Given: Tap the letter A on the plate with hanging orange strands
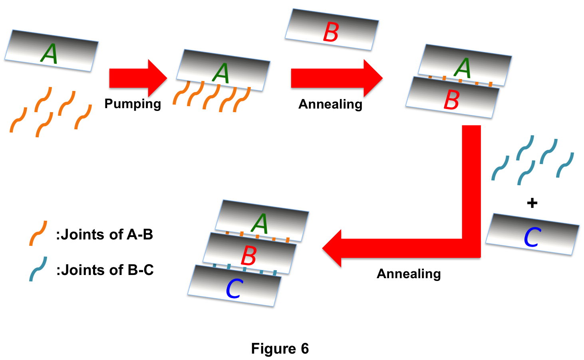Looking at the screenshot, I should (221, 73).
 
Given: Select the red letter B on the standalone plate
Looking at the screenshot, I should (331, 32).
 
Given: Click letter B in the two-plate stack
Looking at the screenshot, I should (451, 100).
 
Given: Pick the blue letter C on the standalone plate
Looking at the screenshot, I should (532, 237).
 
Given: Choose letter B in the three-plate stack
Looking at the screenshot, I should (248, 256).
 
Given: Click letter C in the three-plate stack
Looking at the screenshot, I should (234, 289).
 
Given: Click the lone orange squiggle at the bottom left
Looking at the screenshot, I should (38, 233).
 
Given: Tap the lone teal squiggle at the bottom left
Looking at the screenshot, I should (38, 269).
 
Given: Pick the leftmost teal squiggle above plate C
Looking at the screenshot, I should (500, 168).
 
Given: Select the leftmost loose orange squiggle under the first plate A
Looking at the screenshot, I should (18, 119).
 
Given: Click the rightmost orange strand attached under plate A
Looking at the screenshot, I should (242, 100).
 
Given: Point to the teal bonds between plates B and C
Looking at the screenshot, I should (244, 268).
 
